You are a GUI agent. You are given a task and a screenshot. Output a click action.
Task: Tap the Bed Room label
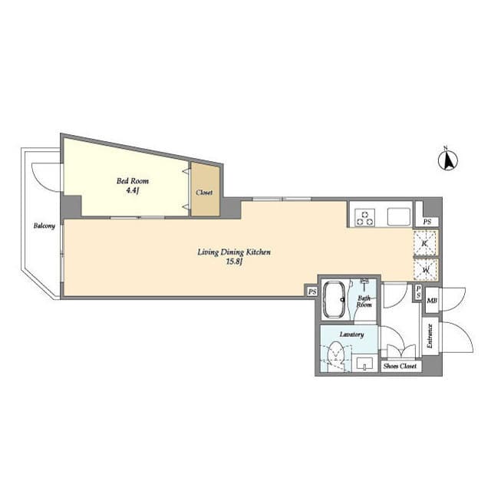click(x=133, y=181)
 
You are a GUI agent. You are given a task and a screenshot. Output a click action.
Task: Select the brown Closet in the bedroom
click(x=206, y=189)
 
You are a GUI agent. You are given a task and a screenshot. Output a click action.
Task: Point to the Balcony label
click(x=44, y=226)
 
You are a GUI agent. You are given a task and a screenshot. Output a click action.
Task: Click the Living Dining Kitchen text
click(x=234, y=252)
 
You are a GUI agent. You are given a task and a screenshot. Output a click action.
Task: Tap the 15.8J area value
click(x=235, y=262)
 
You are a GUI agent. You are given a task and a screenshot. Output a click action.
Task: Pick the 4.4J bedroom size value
click(x=132, y=190)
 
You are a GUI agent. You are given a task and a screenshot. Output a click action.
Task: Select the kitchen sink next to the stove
click(x=399, y=216)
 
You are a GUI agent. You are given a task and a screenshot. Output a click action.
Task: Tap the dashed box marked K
click(x=425, y=243)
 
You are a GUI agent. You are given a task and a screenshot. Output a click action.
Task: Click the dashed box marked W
click(x=425, y=269)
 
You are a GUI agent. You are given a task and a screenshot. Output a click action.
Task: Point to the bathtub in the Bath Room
click(x=334, y=300)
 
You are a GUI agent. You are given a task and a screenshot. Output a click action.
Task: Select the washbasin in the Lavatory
click(x=364, y=363)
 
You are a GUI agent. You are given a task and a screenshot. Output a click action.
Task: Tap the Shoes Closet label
click(x=400, y=366)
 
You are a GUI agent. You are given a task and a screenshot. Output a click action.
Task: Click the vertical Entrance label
click(x=430, y=336)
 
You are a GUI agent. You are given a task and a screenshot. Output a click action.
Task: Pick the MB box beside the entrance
click(x=432, y=301)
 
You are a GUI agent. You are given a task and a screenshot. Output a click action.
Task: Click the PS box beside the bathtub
click(x=312, y=292)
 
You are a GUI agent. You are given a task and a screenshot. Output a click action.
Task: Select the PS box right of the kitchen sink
click(x=427, y=222)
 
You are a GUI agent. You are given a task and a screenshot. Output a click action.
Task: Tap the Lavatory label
click(x=351, y=334)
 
